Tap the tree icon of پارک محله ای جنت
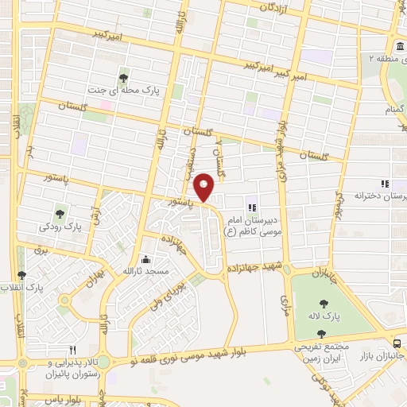tap(123, 77)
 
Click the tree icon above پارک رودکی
tap(60, 212)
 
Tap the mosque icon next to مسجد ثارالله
tap(145, 259)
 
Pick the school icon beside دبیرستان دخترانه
tap(384, 184)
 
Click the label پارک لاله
tap(347, 316)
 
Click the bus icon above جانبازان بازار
tap(397, 343)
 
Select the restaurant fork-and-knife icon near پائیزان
tap(72, 349)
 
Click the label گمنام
tap(395, 108)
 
